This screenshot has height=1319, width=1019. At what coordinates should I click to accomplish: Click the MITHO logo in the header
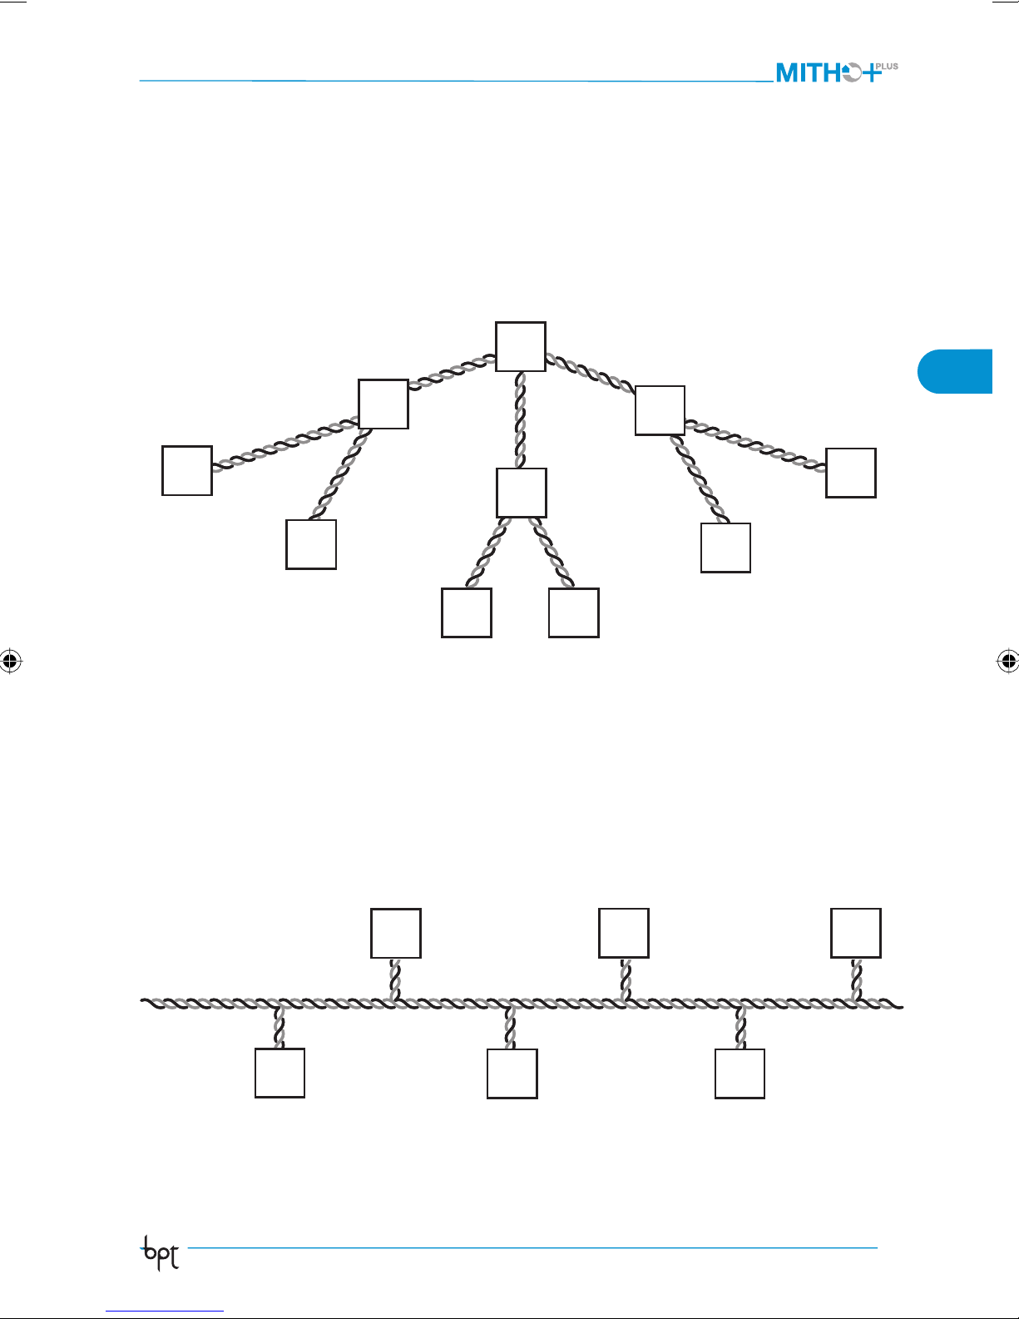point(828,73)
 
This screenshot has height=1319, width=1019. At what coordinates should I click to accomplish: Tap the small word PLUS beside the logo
point(887,67)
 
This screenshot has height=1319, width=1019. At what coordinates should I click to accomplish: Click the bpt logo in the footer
point(161,1253)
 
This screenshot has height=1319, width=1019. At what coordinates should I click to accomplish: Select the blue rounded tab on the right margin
point(957,371)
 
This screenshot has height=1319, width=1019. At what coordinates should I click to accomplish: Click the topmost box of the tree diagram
point(521,346)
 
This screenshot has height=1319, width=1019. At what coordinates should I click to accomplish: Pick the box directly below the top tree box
point(522,493)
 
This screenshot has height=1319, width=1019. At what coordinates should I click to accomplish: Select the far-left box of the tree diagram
point(187,471)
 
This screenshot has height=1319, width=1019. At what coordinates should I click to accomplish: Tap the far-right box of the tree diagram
point(850,473)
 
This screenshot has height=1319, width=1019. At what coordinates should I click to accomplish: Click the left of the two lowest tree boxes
point(467,612)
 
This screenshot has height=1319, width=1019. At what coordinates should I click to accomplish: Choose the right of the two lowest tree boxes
point(574,612)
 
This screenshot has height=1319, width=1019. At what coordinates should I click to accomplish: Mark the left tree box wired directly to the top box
point(383,404)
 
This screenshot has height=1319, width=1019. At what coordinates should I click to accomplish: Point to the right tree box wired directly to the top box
point(660,410)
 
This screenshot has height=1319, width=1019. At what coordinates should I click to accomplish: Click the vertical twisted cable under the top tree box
point(521,420)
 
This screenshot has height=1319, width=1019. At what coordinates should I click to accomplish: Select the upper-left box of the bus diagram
point(396,934)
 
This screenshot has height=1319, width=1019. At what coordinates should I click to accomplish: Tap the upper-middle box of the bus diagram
point(624,934)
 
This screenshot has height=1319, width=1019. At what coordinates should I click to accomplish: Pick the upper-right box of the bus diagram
point(856,934)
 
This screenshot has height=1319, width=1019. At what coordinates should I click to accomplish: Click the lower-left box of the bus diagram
point(279,1073)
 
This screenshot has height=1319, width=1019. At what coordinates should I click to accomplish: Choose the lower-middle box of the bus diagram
point(512,1074)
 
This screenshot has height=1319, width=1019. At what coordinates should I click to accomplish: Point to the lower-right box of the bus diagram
point(740,1074)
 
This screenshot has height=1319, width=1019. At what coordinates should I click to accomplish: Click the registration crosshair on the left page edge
point(10,662)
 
